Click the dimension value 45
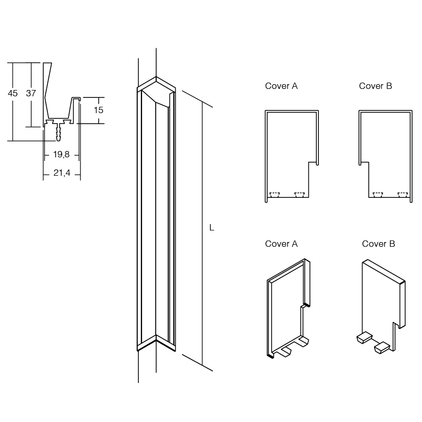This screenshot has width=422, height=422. (13, 93)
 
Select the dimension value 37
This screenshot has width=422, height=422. (31, 93)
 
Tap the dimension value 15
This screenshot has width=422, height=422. (98, 110)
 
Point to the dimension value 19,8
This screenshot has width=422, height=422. (61, 155)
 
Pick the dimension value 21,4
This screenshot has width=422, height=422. (62, 173)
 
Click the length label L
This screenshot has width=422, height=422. (212, 228)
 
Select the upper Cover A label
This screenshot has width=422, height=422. (281, 86)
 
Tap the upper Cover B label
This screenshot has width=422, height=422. (375, 86)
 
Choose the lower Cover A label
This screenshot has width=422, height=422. (281, 244)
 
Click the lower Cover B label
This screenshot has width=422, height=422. (378, 244)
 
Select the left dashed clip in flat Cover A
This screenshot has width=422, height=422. (274, 195)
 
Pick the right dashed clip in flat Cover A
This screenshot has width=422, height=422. (299, 195)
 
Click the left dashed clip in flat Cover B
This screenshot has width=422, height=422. (377, 195)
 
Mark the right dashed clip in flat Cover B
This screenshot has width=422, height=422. (403, 195)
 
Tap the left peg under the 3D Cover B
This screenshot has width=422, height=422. (363, 337)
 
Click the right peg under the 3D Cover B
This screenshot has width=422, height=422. (381, 347)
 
